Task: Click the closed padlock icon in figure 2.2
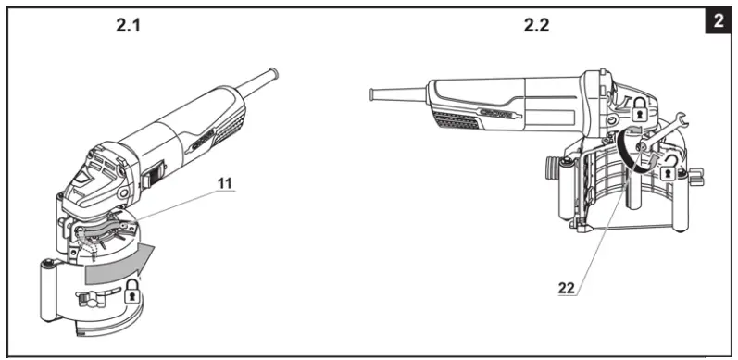638,108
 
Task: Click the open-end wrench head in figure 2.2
679,118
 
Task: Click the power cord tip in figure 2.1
274,71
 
